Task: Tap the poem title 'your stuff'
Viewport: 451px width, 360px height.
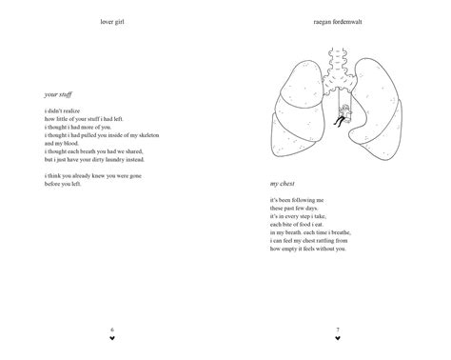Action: [x=58, y=95]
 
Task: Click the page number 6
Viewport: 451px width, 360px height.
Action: [x=112, y=330]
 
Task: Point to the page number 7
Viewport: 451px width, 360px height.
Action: [x=338, y=330]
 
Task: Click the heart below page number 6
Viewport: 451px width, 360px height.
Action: [x=112, y=338]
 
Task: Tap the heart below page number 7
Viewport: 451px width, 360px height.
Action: [x=338, y=338]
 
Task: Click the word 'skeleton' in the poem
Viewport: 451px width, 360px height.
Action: [x=142, y=134]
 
